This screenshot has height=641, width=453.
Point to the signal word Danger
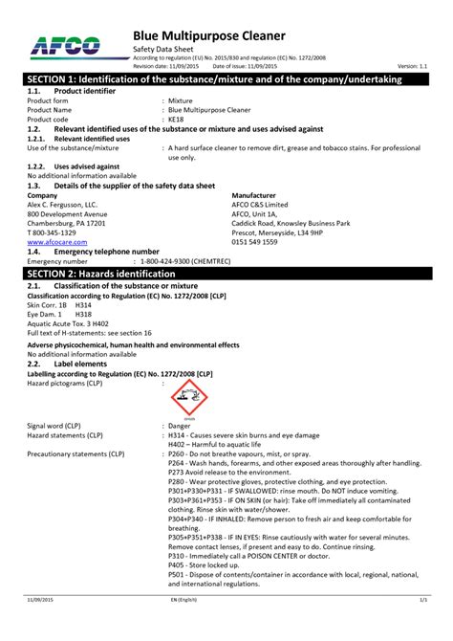[180, 425]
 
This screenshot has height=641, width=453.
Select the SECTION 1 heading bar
[226, 79]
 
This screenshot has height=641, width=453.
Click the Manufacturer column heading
[253, 195]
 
